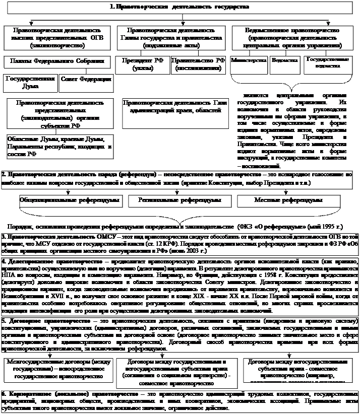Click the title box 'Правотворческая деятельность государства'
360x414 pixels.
180,8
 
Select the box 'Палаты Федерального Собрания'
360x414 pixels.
57,61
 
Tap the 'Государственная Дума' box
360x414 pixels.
30,83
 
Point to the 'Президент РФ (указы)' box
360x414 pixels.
143,64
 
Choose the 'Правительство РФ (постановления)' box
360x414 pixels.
198,64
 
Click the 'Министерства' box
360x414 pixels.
249,60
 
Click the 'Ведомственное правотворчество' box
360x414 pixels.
293,38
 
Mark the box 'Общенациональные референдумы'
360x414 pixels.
70,200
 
